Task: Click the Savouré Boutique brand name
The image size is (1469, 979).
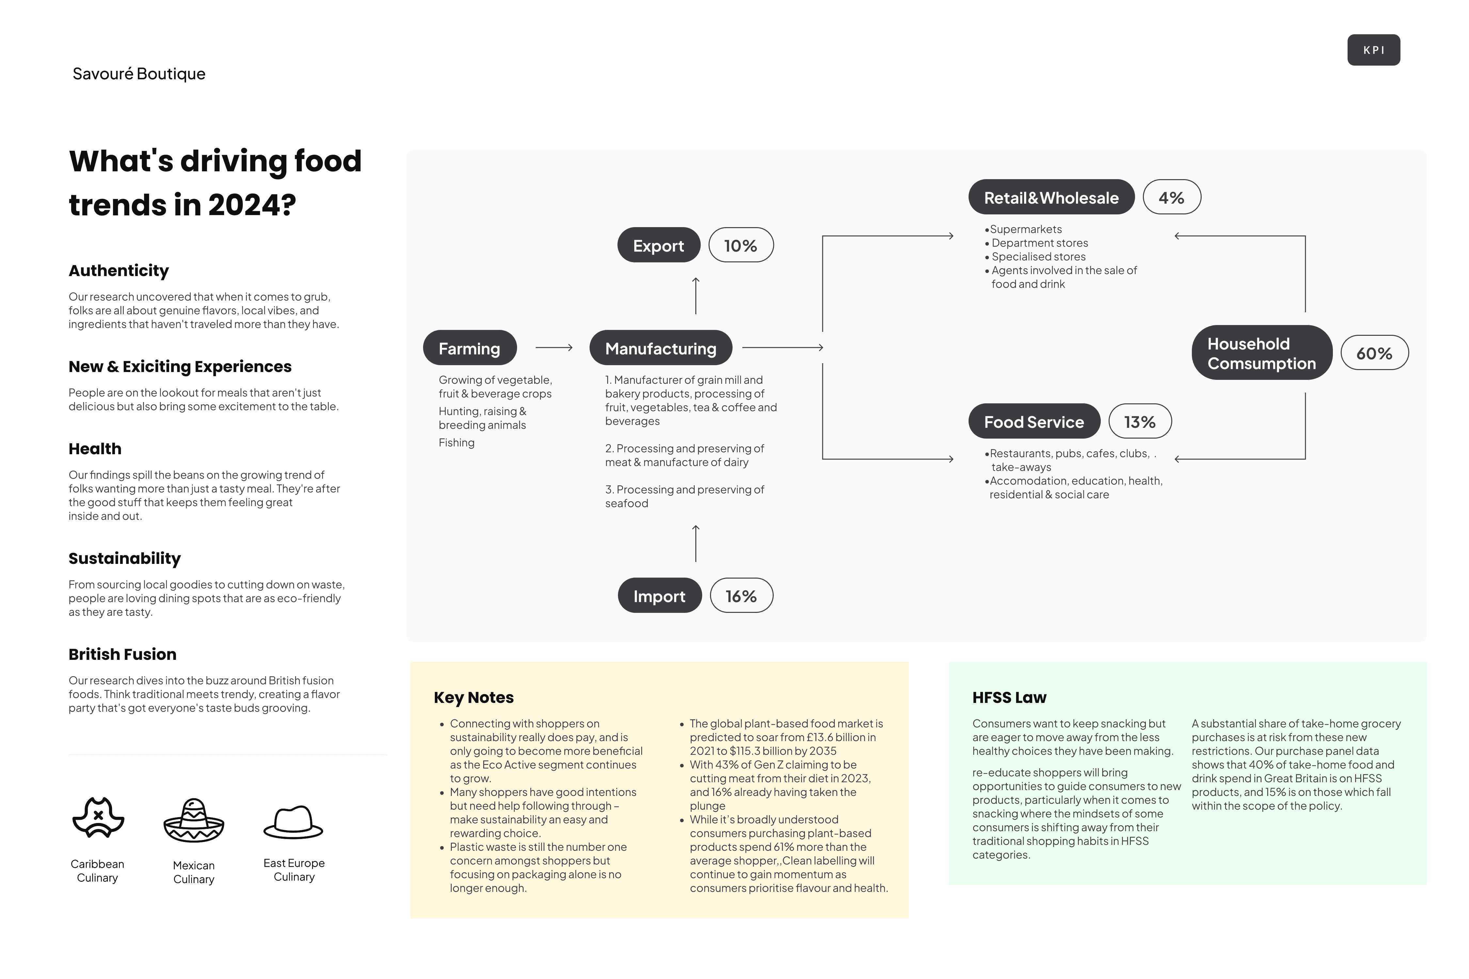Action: pyautogui.click(x=139, y=74)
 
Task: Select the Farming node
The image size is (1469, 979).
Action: pyautogui.click(x=470, y=348)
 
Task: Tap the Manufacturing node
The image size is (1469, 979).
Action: pyautogui.click(x=660, y=348)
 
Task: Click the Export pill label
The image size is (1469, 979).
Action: pyautogui.click(x=658, y=245)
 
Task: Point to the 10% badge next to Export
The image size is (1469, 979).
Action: pyautogui.click(x=741, y=245)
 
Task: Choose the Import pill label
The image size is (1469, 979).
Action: pyautogui.click(x=659, y=596)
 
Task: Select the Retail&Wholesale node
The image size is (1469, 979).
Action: pyautogui.click(x=1051, y=197)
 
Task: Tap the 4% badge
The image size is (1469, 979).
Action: pyautogui.click(x=1171, y=197)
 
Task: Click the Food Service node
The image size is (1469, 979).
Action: pyautogui.click(x=1034, y=421)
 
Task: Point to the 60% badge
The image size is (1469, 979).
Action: pyautogui.click(x=1374, y=353)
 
